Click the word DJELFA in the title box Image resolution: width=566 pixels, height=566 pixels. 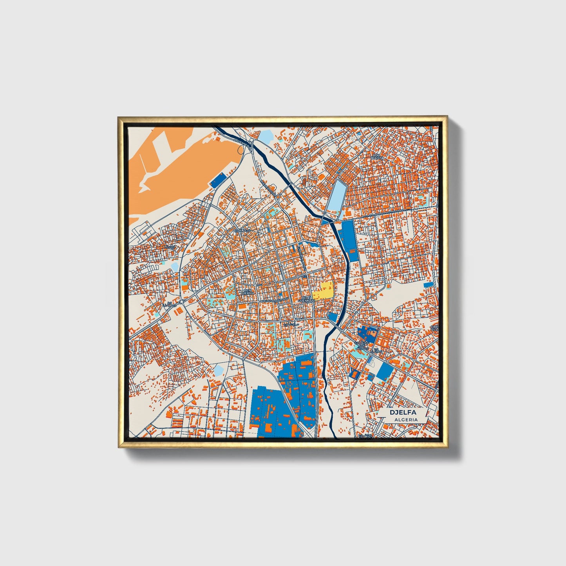point(402,412)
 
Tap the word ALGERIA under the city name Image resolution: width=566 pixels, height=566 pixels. point(406,420)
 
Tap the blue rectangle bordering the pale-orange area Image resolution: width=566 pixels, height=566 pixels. point(218,180)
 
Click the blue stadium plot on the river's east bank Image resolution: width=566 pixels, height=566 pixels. point(348,239)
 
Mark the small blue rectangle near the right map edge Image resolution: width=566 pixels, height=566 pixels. point(429,284)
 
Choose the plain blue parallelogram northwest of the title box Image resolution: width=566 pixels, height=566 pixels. point(384,371)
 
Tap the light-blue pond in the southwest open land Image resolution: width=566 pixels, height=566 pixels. point(218,369)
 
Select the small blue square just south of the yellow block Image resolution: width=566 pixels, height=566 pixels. point(333,317)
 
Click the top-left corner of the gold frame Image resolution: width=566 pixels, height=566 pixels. point(118,117)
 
